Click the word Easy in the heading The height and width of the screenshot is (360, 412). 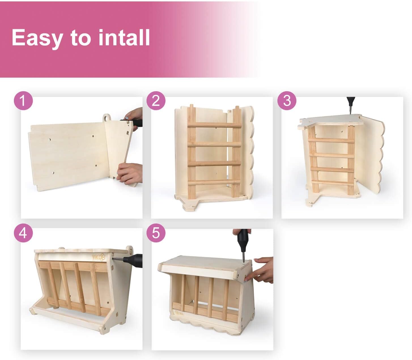point(37,38)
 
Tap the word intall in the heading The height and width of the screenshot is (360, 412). point(124,37)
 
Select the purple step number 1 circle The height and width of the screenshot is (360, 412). point(23,101)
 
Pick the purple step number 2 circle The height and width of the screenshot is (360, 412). point(156,101)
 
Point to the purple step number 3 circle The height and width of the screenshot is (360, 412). point(287,101)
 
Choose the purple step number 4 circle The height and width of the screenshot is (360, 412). point(23,233)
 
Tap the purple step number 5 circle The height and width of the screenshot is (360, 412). point(156,233)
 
